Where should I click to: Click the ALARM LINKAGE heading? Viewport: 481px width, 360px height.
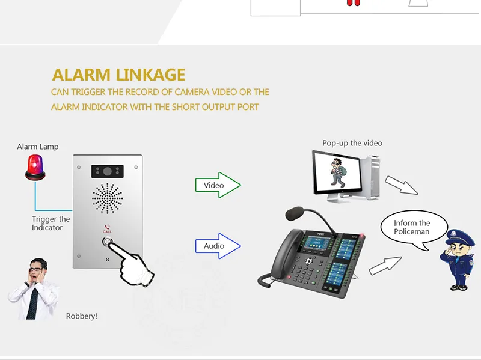point(118,75)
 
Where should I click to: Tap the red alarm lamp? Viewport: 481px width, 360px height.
point(35,166)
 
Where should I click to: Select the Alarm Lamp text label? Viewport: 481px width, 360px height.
point(38,147)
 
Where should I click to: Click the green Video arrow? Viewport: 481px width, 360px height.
point(217,185)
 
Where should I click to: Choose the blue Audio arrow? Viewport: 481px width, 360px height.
point(217,245)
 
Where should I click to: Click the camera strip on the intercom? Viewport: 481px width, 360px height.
point(108,171)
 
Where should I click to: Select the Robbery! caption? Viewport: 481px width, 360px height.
point(81,316)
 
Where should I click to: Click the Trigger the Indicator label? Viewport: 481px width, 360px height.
point(51,224)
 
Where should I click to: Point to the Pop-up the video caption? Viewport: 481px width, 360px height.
point(352,143)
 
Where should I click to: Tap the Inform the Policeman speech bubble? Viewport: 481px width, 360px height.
point(412,227)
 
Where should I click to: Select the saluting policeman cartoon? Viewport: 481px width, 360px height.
point(461,258)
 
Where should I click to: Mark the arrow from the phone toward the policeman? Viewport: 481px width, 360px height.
point(385,265)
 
